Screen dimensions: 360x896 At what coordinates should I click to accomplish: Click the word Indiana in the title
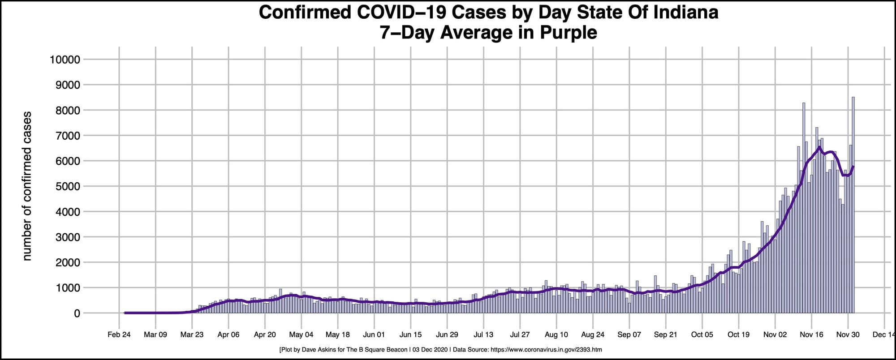[686, 12]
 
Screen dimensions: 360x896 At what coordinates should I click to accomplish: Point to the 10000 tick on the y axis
[65, 60]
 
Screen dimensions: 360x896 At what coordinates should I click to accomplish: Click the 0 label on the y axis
[77, 313]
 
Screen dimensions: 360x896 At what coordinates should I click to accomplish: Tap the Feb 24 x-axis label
[119, 334]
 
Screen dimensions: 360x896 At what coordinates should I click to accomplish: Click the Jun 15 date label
[410, 334]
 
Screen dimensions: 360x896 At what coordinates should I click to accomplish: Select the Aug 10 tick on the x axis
[556, 334]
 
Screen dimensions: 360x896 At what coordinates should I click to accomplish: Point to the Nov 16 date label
[811, 334]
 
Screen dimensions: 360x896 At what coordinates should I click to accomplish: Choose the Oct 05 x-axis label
[702, 334]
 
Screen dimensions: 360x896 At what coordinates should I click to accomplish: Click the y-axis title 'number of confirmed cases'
[27, 186]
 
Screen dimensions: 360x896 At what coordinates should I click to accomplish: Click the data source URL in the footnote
[546, 350]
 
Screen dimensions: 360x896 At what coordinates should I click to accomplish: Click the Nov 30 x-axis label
[848, 334]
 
